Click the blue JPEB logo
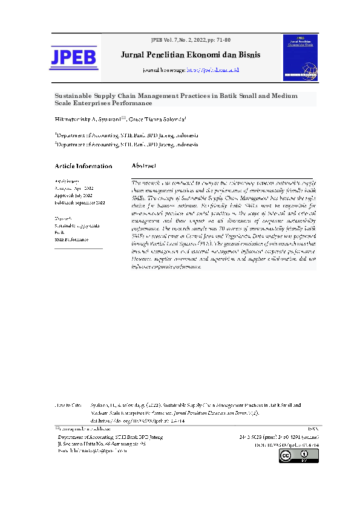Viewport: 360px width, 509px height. (73, 57)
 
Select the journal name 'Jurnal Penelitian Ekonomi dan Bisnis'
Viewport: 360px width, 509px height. (191, 55)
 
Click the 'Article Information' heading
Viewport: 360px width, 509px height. (83, 166)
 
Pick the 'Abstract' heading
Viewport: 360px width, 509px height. (144, 166)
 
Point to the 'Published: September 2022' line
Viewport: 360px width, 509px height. (80, 203)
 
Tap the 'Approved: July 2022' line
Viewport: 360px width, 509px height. (74, 195)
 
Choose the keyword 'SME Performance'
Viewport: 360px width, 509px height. (71, 239)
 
